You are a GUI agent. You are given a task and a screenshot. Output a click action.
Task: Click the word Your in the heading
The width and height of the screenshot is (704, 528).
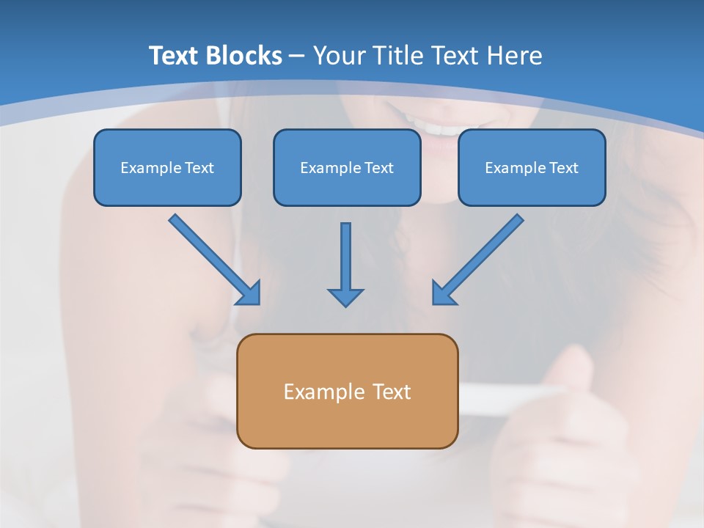[338, 56]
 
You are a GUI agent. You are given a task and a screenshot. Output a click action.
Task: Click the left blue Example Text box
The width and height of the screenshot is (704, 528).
[167, 167]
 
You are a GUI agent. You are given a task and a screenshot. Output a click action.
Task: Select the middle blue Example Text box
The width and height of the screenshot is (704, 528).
[347, 167]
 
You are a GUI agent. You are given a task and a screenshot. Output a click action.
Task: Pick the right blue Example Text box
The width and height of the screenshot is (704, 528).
[532, 167]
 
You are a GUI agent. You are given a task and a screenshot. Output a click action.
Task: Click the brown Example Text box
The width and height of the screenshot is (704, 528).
[347, 391]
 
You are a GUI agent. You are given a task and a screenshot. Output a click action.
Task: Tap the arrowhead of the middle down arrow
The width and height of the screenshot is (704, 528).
[345, 297]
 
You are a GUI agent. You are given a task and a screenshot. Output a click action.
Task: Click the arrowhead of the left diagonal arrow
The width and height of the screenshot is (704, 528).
[249, 293]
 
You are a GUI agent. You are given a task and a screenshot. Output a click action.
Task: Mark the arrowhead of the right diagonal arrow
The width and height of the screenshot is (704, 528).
[442, 293]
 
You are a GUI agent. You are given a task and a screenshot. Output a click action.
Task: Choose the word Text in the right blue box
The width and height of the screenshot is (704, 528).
[563, 168]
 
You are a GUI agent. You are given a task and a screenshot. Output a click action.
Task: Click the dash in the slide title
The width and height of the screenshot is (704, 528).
[297, 56]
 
